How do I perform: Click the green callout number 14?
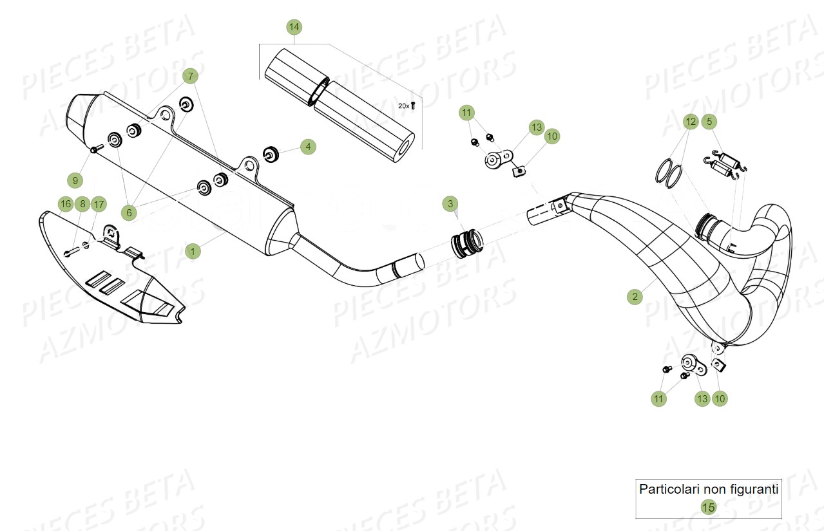coord(294,27)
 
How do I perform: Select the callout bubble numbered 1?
coord(192,251)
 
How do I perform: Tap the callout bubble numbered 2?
coord(635,296)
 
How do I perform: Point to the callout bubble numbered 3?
coord(450,204)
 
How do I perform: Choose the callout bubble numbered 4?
coord(308,147)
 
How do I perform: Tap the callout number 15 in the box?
coord(708,507)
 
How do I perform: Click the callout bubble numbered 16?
coord(65,205)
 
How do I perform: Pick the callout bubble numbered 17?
coord(98,205)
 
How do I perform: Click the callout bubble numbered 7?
coord(190,76)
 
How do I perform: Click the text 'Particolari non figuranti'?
coord(708,489)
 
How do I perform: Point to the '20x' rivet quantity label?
coord(405,105)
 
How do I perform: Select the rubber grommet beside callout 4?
coord(270,154)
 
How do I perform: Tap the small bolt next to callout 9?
coord(95,150)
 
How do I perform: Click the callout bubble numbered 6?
coord(129,212)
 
